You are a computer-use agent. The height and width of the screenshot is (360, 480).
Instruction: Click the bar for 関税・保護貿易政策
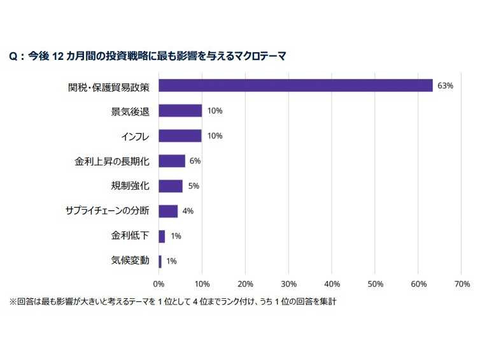[295, 86]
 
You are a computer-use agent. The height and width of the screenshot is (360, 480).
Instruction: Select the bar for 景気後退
[180, 111]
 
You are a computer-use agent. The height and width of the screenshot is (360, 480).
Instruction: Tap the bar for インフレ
[180, 136]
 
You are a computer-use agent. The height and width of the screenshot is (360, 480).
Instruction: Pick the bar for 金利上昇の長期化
[172, 161]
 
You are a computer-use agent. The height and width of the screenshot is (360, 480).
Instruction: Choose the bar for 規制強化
[171, 186]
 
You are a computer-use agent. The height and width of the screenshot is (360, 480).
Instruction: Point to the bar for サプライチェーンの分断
[168, 211]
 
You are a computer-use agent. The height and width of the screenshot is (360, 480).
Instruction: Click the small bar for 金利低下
[162, 236]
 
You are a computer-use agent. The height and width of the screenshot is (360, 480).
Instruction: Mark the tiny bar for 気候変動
[160, 261]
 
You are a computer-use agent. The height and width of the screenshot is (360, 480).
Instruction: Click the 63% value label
[445, 86]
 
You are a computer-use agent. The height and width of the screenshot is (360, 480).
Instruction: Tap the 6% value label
[195, 161]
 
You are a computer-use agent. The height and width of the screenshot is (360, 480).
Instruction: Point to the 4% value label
[188, 211]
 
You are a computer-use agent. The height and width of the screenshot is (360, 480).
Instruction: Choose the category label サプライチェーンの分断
[108, 211]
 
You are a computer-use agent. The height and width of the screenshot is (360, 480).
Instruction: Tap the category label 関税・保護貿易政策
[108, 86]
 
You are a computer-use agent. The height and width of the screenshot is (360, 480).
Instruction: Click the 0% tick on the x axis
[159, 283]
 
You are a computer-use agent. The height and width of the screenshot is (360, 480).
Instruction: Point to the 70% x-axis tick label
[462, 283]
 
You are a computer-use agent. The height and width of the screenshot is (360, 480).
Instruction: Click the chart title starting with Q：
[147, 56]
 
